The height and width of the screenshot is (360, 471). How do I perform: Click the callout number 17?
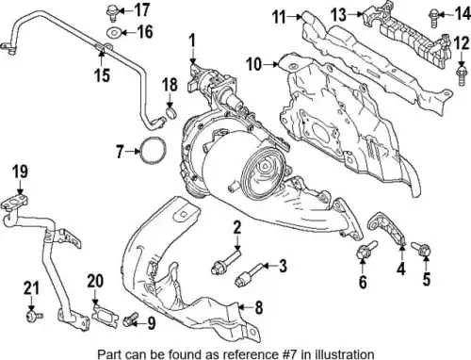click(x=141, y=10)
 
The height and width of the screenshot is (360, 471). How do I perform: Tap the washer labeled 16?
click(x=114, y=32)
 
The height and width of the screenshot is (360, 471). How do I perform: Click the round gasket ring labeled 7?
click(x=153, y=151)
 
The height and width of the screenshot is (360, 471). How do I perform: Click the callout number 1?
click(x=192, y=41)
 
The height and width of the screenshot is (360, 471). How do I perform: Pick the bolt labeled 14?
click(x=433, y=18)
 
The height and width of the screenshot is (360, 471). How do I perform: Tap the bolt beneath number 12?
click(x=461, y=74)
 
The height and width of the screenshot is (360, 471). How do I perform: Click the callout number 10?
click(x=254, y=64)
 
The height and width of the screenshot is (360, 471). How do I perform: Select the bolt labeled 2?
click(x=226, y=262)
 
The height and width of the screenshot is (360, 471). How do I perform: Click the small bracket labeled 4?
click(x=387, y=227)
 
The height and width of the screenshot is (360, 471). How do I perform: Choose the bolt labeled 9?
click(x=130, y=319)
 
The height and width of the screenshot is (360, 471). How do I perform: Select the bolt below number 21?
click(x=34, y=316)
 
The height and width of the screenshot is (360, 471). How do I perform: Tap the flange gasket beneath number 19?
click(x=15, y=202)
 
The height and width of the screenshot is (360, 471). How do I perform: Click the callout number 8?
click(x=258, y=307)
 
